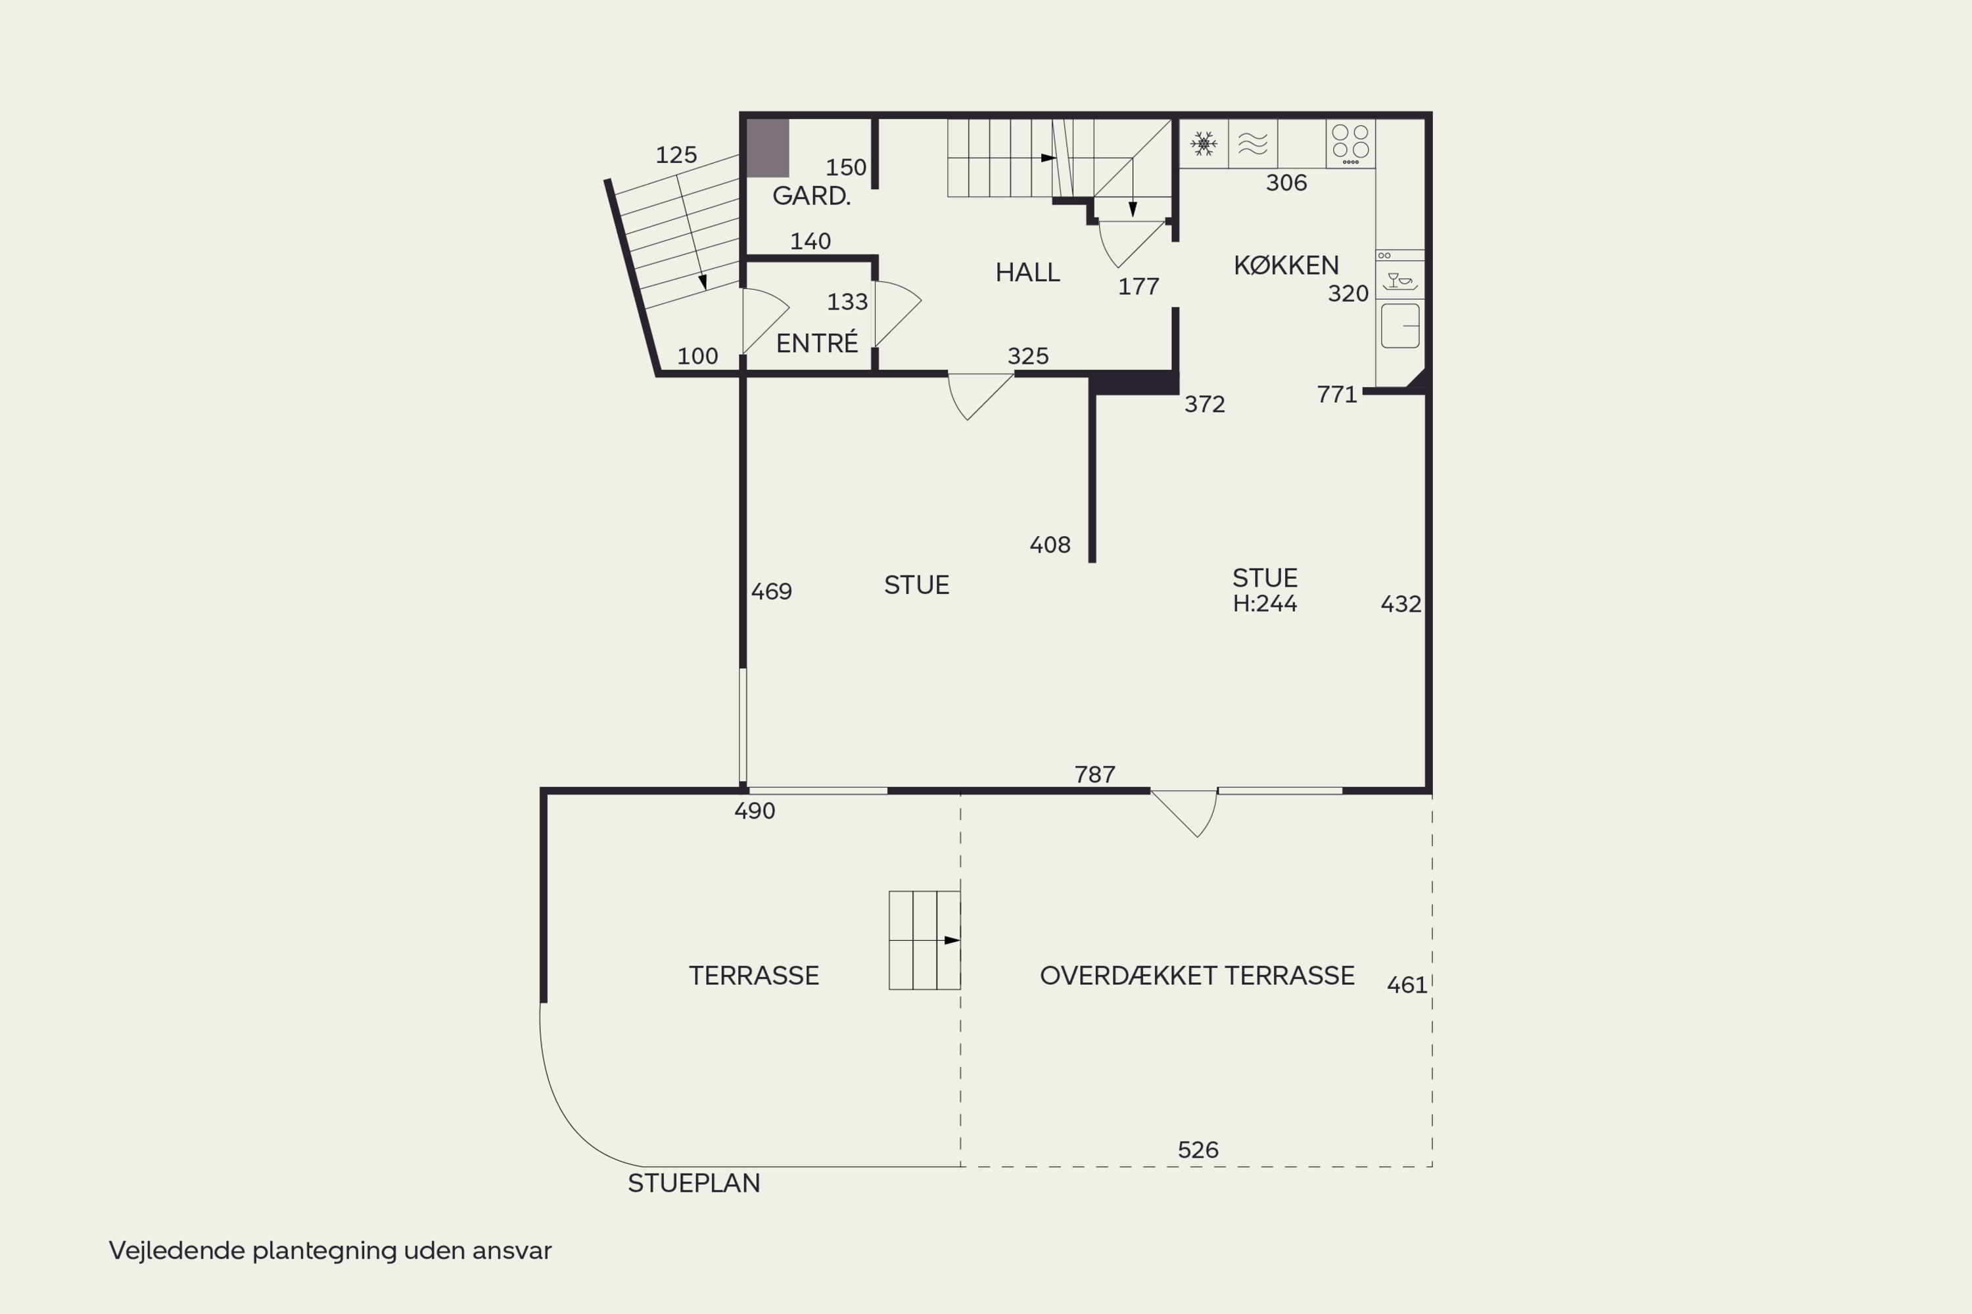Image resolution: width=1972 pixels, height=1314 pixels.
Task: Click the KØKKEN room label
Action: [1286, 265]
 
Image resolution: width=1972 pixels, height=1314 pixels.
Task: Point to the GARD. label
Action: [810, 196]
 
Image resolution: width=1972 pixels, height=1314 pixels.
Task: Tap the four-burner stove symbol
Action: [1350, 143]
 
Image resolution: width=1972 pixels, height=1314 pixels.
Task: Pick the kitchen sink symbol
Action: [1400, 325]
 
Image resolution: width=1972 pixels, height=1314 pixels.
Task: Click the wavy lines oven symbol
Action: [1253, 143]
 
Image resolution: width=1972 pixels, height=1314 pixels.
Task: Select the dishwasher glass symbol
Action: [1399, 281]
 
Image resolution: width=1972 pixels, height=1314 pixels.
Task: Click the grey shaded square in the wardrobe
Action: [768, 147]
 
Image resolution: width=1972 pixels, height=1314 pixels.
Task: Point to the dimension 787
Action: [1094, 775]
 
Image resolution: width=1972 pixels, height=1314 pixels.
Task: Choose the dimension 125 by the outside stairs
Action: [676, 155]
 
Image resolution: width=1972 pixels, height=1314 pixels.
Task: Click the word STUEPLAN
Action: [693, 1183]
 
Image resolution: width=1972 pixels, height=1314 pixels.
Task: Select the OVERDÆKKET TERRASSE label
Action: [1196, 976]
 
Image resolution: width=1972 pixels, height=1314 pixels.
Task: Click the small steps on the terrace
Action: [924, 940]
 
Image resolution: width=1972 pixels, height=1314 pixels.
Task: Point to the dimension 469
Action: [771, 592]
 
